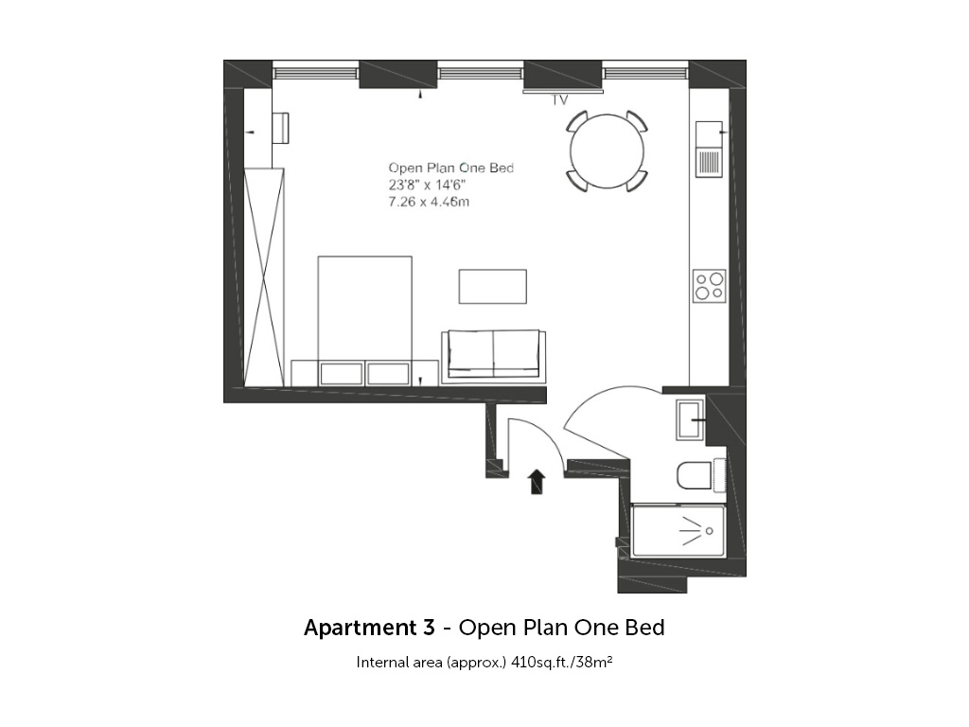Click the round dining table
pos(607,151)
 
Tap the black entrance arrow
pos(537,482)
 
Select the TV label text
pos(560,100)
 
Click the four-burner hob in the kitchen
pos(709,286)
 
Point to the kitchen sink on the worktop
pos(709,149)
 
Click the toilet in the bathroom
pos(701,475)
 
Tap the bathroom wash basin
pos(690,419)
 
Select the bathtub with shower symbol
pos(678,530)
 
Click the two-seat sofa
pos(494,356)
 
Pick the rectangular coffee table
pos(492,286)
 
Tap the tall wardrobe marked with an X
pos(264,277)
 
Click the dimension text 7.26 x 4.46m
pos(429,202)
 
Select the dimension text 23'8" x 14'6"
pos(427,185)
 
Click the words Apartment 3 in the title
pos(369,628)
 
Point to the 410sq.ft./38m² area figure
pos(562,662)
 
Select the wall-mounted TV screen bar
pos(563,91)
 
